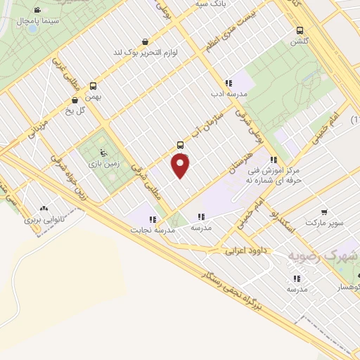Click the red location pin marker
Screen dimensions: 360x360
tap(181, 166)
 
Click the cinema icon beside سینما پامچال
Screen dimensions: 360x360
tap(37, 10)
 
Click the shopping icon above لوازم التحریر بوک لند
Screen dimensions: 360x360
tap(144, 41)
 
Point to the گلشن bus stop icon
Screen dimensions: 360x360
tap(300, 30)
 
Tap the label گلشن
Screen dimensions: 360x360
tap(300, 41)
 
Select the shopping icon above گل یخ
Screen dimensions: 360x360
tap(75, 100)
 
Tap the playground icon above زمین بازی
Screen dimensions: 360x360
tap(104, 153)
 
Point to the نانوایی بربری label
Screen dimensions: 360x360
tap(44, 219)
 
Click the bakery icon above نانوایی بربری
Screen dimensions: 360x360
tap(44, 209)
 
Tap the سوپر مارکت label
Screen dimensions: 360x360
tap(323, 223)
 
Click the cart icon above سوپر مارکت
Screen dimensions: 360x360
tap(323, 212)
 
